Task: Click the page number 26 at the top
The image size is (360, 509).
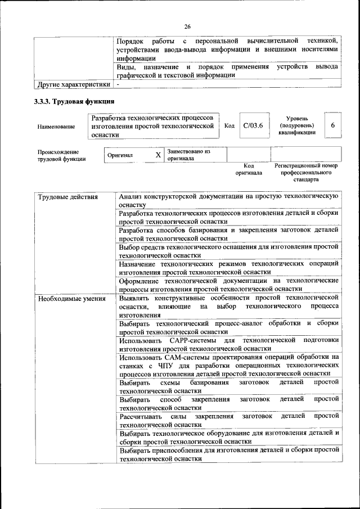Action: tap(187, 26)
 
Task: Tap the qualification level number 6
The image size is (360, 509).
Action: tap(332, 125)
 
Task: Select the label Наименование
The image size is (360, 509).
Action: tap(56, 127)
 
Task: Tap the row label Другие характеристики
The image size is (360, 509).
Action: tap(73, 84)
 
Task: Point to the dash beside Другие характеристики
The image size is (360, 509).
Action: tap(119, 84)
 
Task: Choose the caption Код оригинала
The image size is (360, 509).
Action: tap(249, 169)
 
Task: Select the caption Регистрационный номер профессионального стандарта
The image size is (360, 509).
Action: tap(305, 173)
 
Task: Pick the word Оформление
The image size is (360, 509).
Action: tap(140, 280)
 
